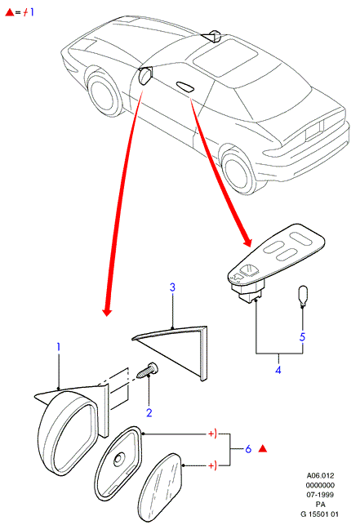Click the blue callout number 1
point(59,347)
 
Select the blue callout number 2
point(149,412)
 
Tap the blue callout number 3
point(172,287)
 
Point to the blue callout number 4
point(278,370)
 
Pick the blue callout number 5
point(302,337)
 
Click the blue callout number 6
point(248,449)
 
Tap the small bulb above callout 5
point(303,296)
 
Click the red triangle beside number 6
point(263,449)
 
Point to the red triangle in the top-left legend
point(9,13)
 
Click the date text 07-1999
point(320,495)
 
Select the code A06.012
point(320,475)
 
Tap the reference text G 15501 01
point(320,514)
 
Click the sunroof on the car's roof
point(225,56)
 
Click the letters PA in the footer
point(320,505)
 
